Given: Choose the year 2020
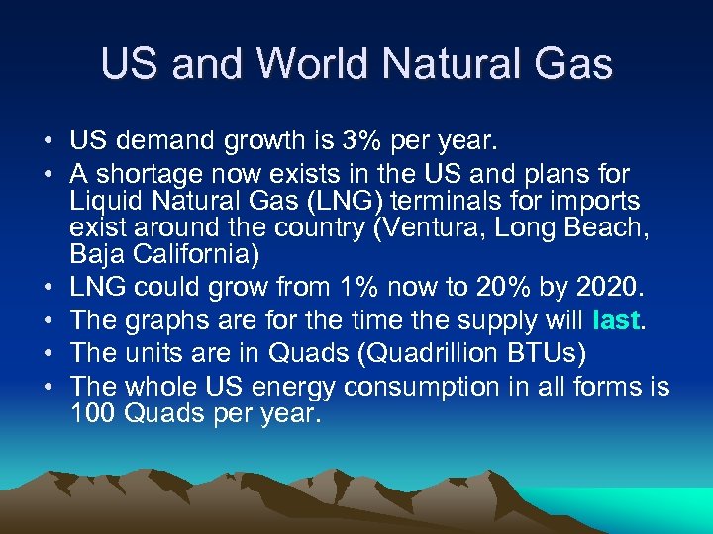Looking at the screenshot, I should click(x=607, y=289).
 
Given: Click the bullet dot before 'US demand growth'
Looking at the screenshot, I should click(x=49, y=142).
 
